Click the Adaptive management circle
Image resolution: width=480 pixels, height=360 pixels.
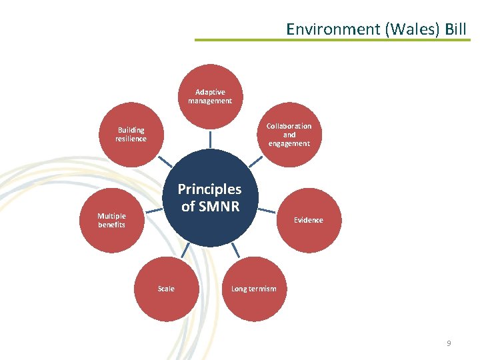210,96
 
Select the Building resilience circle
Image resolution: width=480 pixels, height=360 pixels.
131,134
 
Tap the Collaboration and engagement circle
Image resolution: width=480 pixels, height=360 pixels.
289,134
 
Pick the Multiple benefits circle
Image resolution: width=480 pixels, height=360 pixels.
111,220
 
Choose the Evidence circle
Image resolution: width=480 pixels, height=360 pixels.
308,220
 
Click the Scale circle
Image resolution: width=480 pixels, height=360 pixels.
166,289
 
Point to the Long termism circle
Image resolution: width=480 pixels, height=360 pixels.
253,289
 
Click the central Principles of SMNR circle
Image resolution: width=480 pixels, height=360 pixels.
210,198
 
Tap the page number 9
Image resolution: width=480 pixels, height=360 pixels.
449,343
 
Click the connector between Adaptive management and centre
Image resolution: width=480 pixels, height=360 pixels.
210,138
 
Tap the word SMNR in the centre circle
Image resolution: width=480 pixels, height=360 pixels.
219,207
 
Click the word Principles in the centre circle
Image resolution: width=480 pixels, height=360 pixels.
209,189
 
